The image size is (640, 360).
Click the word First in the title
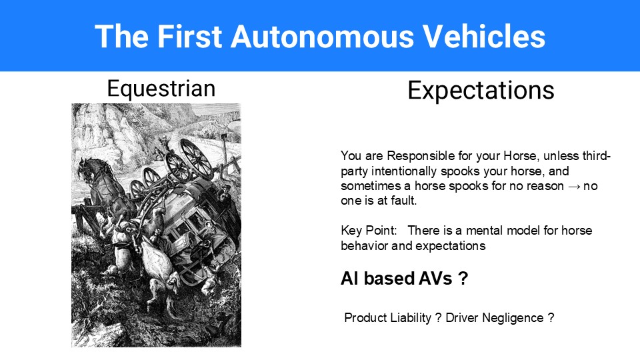coord(190,36)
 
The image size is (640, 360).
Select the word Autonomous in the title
coord(321,36)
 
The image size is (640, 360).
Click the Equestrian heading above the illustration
coord(161,89)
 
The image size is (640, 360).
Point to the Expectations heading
coord(481,90)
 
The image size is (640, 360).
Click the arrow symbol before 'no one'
coord(573,186)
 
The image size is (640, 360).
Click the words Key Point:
coord(369,231)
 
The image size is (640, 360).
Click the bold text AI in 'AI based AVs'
coord(350,279)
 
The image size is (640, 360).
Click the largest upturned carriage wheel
coord(197,159)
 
